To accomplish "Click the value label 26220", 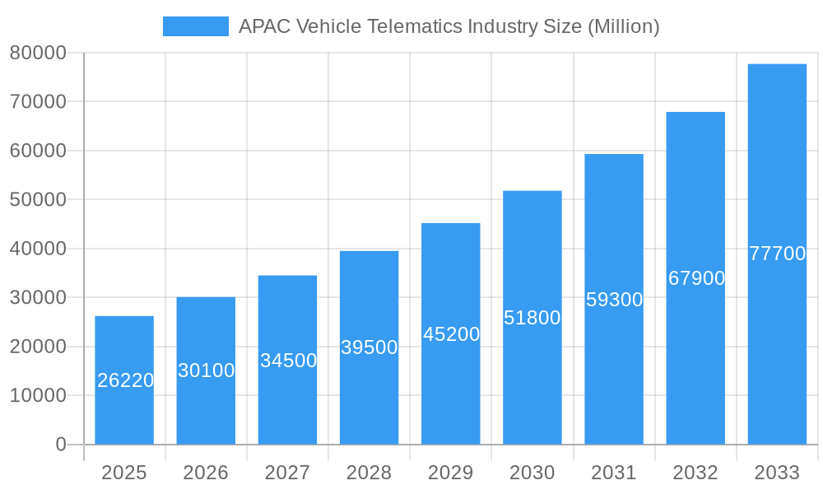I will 125,380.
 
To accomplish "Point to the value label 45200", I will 451,334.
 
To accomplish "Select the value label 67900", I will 696,278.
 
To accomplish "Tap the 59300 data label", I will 614,300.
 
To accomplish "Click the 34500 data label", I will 288,361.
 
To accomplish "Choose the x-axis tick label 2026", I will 206,473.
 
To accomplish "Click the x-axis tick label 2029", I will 451,473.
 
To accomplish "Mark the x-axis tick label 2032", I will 695,473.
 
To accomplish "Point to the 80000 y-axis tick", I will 37,53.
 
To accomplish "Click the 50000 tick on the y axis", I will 37,199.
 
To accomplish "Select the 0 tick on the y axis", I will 60,445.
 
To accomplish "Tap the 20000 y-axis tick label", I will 37,347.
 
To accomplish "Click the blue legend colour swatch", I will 195,26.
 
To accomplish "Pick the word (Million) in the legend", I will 623,26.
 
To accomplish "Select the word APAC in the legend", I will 264,26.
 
